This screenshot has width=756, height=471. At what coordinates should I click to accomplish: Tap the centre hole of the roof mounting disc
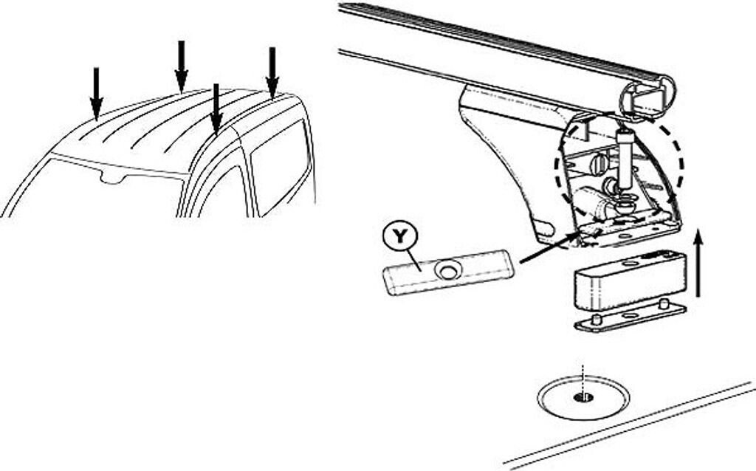click(583, 398)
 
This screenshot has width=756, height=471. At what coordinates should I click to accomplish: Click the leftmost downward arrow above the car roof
click(96, 92)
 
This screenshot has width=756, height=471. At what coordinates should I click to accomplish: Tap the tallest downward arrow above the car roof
click(181, 66)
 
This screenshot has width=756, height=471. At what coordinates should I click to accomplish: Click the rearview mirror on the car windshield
click(111, 177)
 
